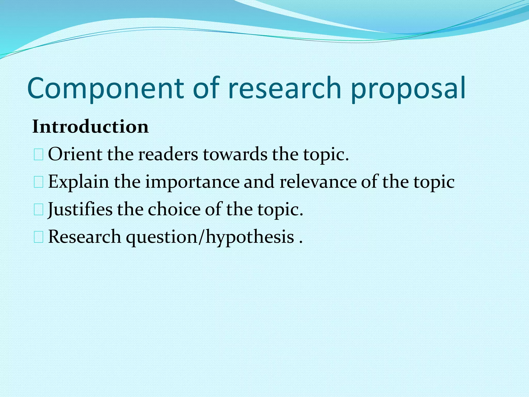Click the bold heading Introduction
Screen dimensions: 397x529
coord(90,127)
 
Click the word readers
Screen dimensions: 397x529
coord(168,154)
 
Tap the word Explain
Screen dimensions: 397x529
coord(79,182)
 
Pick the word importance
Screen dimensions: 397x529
coord(192,182)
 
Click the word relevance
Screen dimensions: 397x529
coord(318,182)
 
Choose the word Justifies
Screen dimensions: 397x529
coord(80,209)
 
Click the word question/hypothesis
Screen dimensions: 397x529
coord(210,237)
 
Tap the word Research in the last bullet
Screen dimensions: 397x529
coord(84,237)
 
